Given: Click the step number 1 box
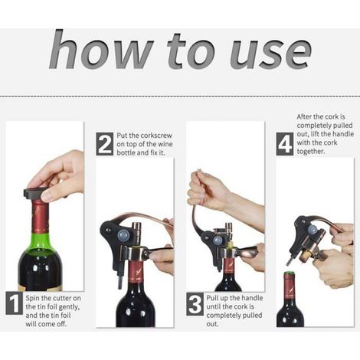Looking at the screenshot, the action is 14,303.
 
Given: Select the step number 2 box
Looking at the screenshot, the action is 104,144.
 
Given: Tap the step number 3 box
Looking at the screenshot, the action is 195,304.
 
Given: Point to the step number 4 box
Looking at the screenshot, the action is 284,144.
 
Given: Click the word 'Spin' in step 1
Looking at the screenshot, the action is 32,298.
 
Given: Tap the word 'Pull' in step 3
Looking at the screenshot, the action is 212,298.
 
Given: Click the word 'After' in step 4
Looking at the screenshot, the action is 305,116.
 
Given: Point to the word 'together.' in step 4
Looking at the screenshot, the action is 311,151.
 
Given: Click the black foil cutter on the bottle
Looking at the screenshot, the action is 36,193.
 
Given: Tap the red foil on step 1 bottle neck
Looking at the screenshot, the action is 41,217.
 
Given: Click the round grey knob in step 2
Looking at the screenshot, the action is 124,234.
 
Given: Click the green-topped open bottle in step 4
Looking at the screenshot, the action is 290,299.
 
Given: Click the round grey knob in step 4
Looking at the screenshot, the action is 312,229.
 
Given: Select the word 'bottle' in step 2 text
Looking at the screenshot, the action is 126,152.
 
